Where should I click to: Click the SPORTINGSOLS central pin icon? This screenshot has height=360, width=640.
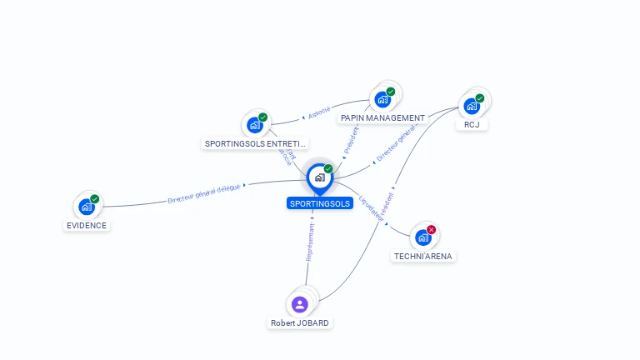(x=319, y=177)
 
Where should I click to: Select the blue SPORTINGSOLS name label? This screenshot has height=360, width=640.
(x=320, y=203)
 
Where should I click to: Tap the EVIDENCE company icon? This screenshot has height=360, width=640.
(x=87, y=207)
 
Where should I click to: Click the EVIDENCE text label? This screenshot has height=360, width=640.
(x=87, y=225)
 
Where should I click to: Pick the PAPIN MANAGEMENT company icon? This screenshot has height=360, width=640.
(x=382, y=99)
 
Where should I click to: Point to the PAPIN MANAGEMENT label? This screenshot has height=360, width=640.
(x=383, y=118)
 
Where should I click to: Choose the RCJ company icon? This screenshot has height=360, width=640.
(x=472, y=106)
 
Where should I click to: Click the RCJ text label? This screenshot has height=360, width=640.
(x=472, y=125)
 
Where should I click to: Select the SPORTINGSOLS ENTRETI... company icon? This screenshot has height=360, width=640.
(x=255, y=125)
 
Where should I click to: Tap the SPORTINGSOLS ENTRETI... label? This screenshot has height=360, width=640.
(x=256, y=143)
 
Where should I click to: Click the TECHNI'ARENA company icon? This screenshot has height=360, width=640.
(x=423, y=237)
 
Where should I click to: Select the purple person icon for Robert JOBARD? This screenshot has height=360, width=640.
(x=300, y=304)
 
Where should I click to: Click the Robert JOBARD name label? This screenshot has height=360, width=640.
(x=300, y=322)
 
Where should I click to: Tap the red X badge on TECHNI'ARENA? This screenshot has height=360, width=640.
(x=431, y=230)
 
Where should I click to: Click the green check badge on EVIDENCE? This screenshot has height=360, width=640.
(x=95, y=199)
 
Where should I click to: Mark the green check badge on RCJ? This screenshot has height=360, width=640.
(x=480, y=98)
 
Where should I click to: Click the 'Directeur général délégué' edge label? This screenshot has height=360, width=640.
(x=204, y=194)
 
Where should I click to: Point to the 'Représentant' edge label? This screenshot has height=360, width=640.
(x=309, y=242)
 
